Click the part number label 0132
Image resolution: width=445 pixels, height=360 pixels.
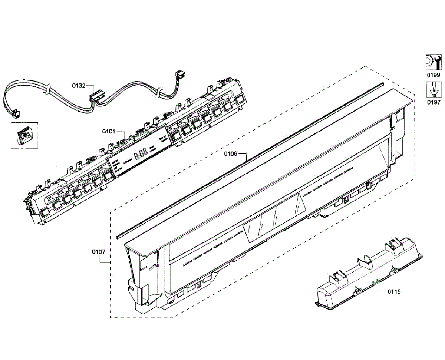79,86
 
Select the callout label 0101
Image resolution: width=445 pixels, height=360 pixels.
109,131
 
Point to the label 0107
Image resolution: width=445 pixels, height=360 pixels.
99,252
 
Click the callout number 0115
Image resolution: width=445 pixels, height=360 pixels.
394,291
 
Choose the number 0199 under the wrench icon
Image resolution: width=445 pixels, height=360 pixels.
434,75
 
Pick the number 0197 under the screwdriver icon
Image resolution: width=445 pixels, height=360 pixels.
434,102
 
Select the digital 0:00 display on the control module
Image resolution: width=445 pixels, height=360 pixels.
141,154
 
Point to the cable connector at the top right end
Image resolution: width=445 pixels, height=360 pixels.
181,74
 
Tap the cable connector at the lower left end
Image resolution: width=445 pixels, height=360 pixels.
15,113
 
